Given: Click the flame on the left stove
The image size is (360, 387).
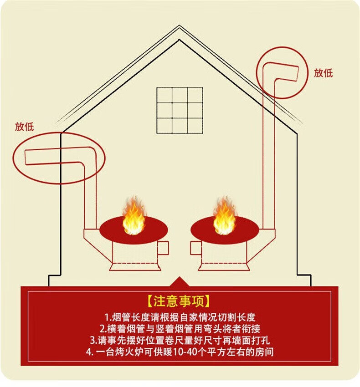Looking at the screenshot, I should (x=133, y=219).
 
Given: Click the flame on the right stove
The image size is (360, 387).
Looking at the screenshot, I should (x=224, y=219).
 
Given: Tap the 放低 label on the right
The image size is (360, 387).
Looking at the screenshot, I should (x=323, y=73).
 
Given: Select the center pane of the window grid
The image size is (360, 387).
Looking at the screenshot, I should (x=180, y=110).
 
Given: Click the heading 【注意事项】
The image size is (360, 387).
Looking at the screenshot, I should (x=179, y=301).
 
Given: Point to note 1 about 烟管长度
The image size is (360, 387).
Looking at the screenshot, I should (x=180, y=317).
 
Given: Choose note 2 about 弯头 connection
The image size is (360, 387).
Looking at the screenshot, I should (x=180, y=328).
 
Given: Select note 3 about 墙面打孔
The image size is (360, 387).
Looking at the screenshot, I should (x=180, y=340).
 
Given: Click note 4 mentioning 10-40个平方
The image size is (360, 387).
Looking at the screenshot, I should (x=180, y=351).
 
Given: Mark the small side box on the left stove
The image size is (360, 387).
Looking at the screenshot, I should (x=163, y=248).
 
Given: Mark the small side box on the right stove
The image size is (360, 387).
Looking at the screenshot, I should (x=195, y=248).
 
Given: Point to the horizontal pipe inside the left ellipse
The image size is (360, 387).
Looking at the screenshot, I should (x=55, y=157).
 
